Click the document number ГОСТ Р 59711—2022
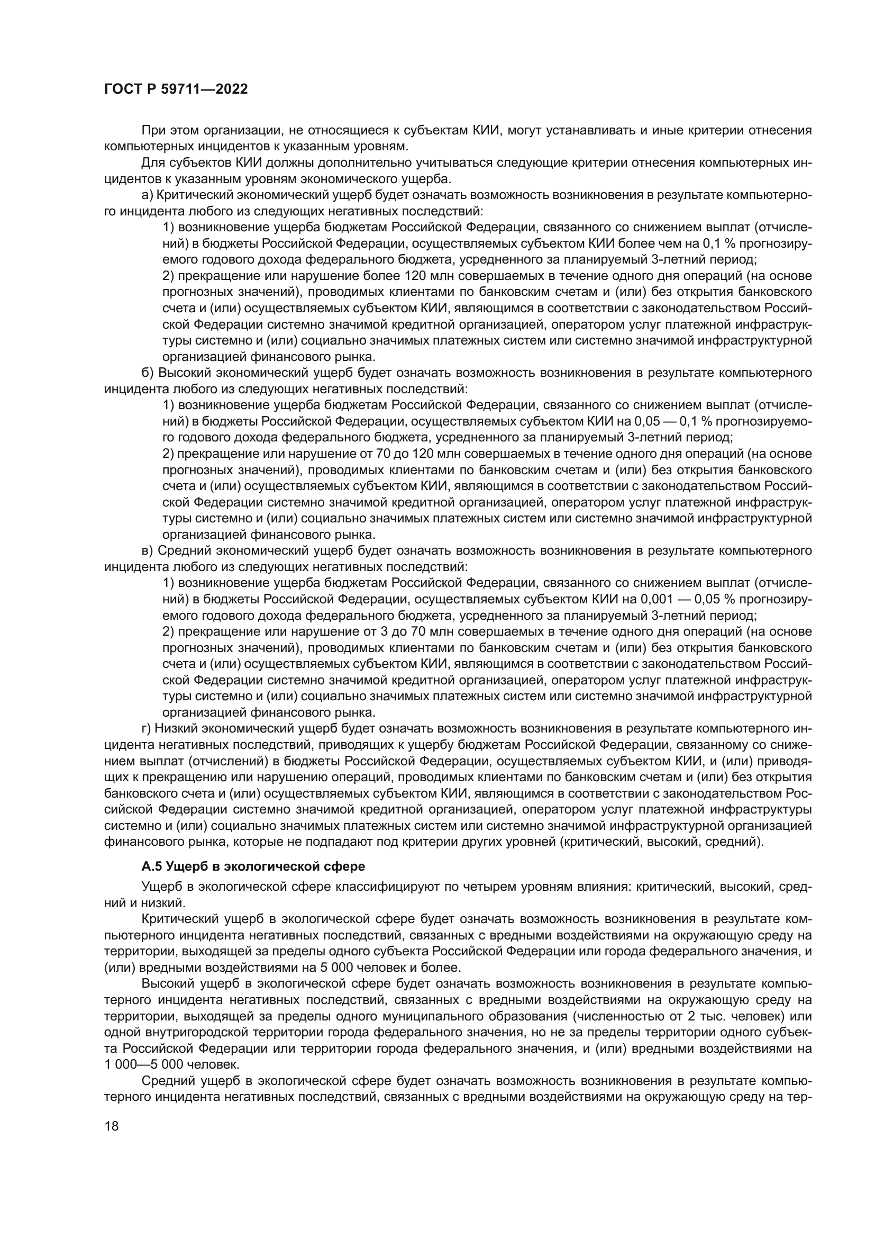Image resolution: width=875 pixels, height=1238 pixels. coord(176,89)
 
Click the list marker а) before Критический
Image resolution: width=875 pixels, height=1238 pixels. coord(147,195)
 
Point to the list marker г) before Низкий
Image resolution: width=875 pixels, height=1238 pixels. coord(145,728)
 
